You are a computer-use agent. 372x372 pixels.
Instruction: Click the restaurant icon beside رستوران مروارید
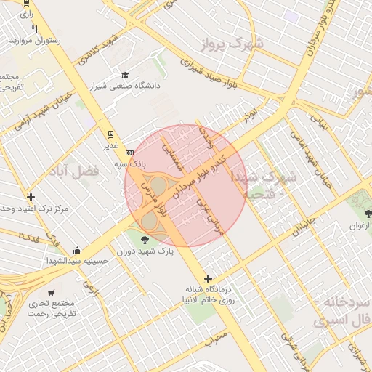pyautogui.click(x=34, y=29)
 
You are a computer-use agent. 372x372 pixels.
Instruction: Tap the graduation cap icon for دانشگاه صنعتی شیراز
pyautogui.click(x=125, y=75)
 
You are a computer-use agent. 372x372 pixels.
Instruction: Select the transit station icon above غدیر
pyautogui.click(x=110, y=134)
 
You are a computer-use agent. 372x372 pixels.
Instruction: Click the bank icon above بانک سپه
pyautogui.click(x=129, y=153)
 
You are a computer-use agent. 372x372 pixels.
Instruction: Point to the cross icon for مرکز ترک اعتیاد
pyautogui.click(x=31, y=197)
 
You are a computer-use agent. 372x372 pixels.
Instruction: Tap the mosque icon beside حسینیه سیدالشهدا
pyautogui.click(x=77, y=249)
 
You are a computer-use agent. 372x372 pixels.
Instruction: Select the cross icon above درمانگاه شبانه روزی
pyautogui.click(x=209, y=278)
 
